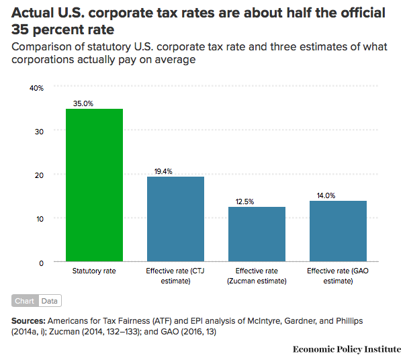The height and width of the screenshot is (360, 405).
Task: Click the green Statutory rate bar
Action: (94, 185)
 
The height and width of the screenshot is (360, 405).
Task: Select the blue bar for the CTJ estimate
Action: (175, 219)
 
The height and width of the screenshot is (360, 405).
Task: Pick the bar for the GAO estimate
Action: (338, 231)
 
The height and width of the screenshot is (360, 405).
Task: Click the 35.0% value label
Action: (83, 103)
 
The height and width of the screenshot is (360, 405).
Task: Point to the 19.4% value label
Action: (163, 171)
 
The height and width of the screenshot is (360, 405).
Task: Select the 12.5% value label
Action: (244, 201)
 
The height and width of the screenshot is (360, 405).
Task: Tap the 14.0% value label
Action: (326, 195)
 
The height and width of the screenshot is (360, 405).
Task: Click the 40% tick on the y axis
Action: (36, 88)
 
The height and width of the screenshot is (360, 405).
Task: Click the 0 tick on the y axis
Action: (41, 263)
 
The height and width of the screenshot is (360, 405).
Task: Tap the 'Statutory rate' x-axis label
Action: (94, 271)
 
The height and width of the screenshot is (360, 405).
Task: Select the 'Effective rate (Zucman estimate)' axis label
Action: (257, 276)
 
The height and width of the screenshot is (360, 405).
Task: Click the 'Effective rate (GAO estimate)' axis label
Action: (338, 276)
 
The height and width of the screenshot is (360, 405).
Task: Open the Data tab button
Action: (50, 301)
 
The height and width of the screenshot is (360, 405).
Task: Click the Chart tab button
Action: (25, 301)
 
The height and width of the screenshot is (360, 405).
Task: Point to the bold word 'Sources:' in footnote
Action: (29, 321)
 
